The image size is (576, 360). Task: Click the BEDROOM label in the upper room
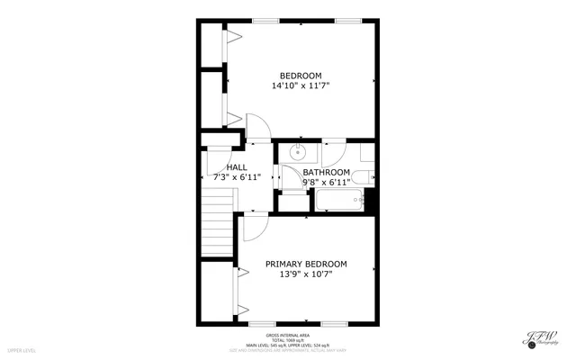tap(300, 76)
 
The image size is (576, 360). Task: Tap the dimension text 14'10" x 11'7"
tap(300, 86)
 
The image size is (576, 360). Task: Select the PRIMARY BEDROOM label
tap(305, 264)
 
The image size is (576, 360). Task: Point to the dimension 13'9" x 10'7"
tap(305, 274)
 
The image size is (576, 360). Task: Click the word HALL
tap(237, 167)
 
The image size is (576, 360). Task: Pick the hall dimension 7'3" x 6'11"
tap(237, 178)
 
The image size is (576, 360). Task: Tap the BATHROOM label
tap(326, 172)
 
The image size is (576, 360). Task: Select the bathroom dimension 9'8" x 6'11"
tap(326, 183)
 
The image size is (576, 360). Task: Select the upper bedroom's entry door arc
tap(256, 128)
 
